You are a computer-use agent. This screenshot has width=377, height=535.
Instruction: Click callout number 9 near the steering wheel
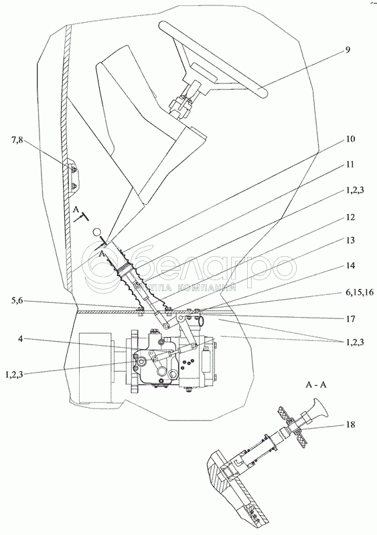[x=348, y=49]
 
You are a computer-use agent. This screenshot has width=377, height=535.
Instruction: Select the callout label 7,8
[x=17, y=140]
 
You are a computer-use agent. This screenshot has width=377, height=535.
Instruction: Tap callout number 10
[x=350, y=139]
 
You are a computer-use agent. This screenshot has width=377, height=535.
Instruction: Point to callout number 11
[x=350, y=165]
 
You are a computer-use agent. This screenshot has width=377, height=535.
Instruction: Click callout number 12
[x=350, y=217]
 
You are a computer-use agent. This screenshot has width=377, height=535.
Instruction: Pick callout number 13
[x=350, y=240]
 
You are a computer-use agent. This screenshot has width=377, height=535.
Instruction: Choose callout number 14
[x=350, y=265]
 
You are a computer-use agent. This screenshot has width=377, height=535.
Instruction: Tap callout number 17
[x=350, y=319]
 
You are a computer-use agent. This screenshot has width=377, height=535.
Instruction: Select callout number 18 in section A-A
[x=350, y=425]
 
